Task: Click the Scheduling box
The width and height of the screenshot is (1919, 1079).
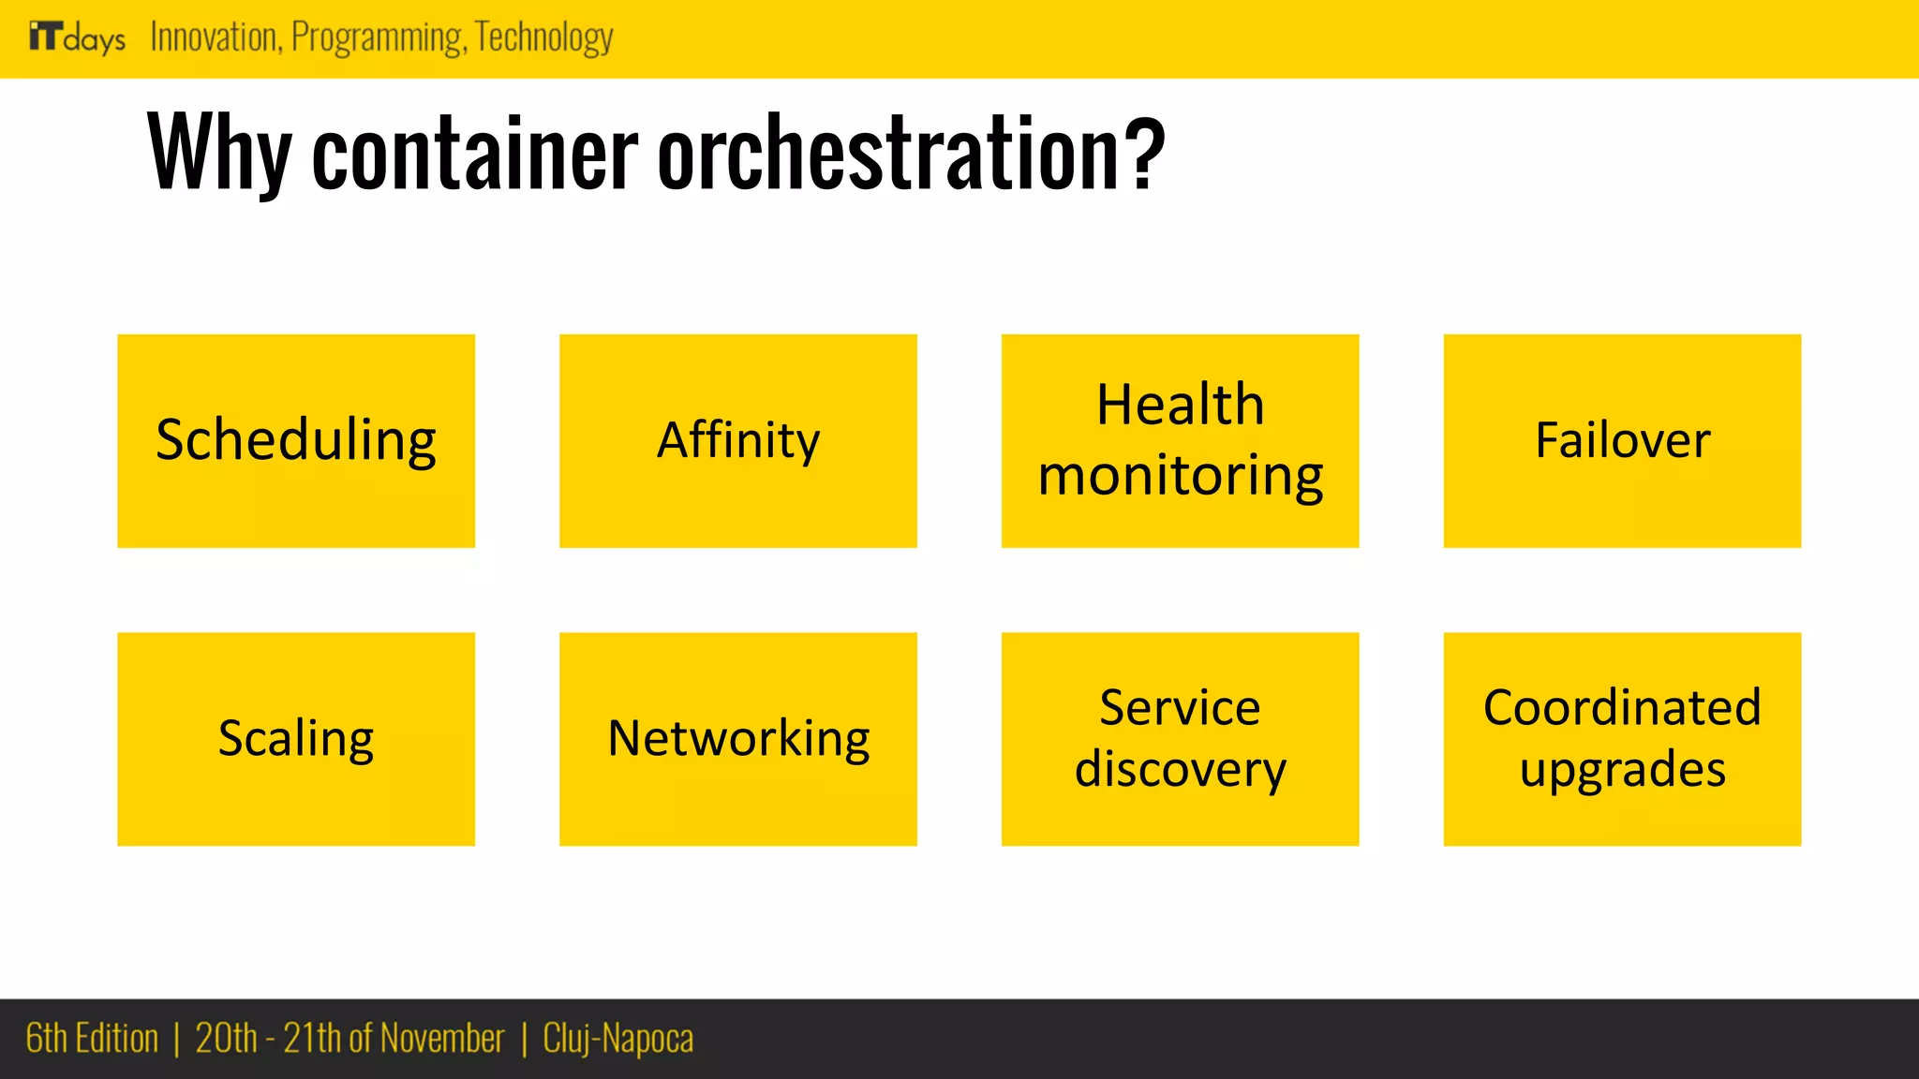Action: pos(296,440)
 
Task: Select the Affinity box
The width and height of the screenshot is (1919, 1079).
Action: pos(737,440)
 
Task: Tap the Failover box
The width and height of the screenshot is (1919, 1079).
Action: pos(1622,440)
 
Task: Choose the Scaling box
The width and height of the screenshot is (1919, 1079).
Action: pos(296,738)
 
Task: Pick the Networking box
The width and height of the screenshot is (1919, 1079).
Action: pos(737,738)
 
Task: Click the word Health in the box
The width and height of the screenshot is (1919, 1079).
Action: pos(1180,405)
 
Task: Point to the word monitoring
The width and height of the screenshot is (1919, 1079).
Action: pos(1180,476)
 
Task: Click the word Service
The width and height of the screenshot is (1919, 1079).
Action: pos(1180,707)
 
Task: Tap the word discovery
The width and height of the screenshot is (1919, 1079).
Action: pos(1180,770)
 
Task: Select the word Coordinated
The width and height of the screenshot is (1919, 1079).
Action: pos(1622,707)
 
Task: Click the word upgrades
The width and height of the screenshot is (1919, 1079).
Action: pos(1622,770)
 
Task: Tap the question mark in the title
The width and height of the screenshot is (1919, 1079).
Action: pos(1144,152)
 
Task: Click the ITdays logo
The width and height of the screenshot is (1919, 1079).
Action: pos(77,37)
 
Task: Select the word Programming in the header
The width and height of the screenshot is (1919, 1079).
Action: pos(377,37)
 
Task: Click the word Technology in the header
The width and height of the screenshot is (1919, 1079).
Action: pos(543,37)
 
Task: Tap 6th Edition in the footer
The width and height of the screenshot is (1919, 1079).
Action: pos(92,1039)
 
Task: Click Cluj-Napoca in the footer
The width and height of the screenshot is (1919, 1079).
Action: pos(617,1039)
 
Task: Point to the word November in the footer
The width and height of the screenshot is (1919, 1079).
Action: pos(441,1039)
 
